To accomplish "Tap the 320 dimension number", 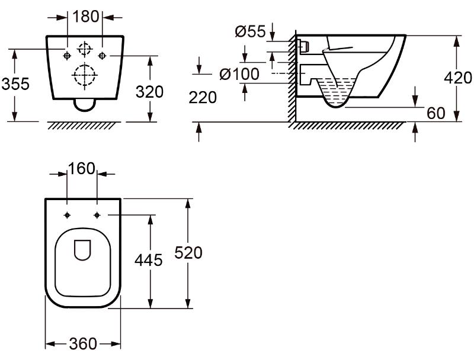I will click(149, 92).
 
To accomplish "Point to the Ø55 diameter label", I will click(250, 32).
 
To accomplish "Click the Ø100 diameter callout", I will click(239, 74).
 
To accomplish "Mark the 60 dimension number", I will click(435, 112).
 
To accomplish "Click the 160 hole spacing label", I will click(82, 169).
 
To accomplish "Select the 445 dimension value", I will click(149, 260).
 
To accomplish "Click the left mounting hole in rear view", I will click(67, 56).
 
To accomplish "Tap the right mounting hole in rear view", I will click(103, 56).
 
